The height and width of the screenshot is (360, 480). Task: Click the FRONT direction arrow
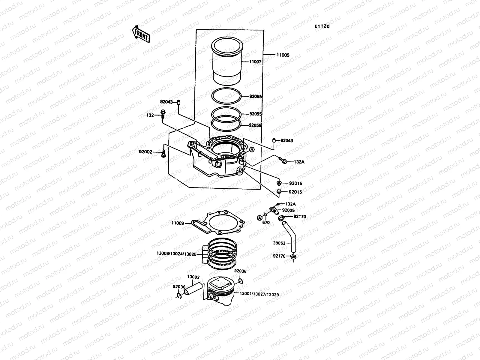[x=141, y=33]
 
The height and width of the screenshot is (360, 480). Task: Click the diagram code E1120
[x=322, y=26]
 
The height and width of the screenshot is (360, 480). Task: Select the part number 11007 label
[x=255, y=62]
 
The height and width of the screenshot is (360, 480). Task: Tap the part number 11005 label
[x=283, y=55]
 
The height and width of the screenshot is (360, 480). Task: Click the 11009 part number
[x=178, y=223]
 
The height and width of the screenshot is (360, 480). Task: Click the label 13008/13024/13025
[x=176, y=253]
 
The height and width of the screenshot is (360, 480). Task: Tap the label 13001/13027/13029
[x=259, y=295]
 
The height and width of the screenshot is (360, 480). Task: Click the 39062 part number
[x=279, y=243]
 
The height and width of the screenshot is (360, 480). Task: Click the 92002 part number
[x=145, y=152]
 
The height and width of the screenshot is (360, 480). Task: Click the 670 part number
[x=266, y=223]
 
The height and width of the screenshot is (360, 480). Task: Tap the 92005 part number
[x=288, y=210]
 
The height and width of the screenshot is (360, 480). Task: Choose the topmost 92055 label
[x=256, y=97]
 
